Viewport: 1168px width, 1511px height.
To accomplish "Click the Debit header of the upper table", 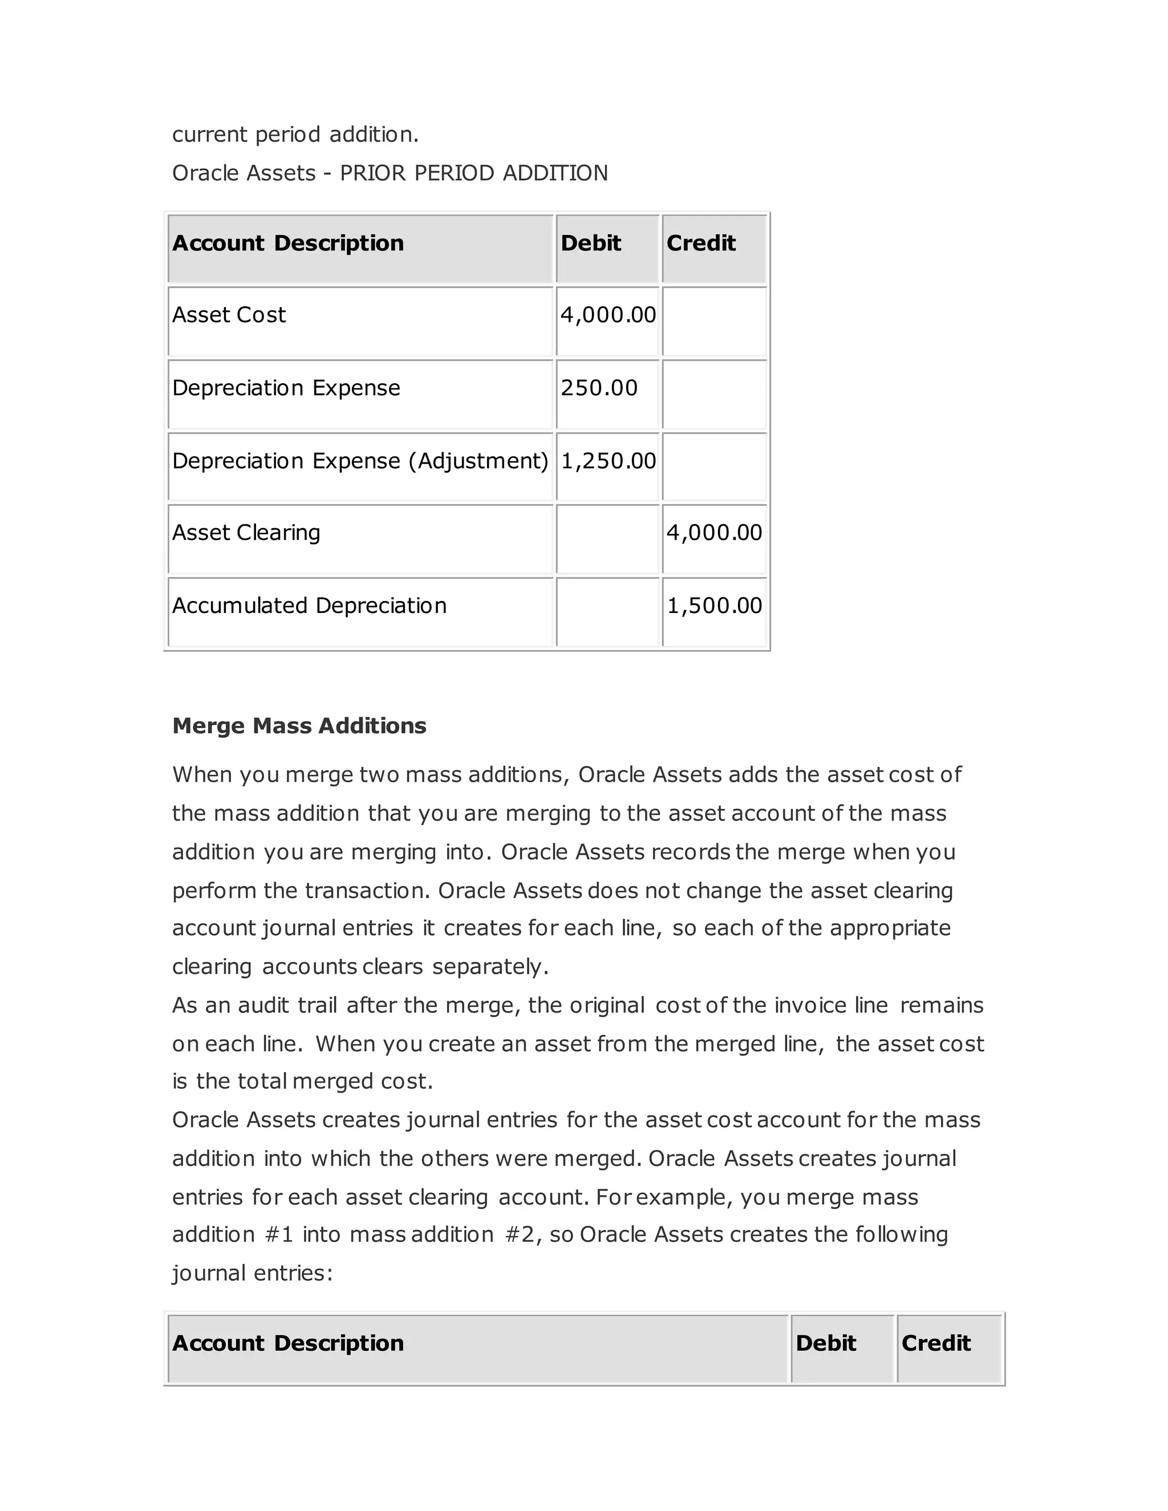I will (590, 243).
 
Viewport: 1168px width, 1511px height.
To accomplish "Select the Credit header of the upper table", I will (700, 243).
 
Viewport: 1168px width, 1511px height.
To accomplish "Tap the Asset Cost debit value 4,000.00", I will (607, 315).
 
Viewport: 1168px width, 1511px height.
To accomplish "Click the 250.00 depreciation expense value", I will (598, 387).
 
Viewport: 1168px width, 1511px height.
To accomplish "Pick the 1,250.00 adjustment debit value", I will (607, 461).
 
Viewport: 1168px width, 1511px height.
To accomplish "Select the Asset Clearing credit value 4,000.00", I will (713, 532).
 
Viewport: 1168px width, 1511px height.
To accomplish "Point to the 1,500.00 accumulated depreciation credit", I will (713, 606).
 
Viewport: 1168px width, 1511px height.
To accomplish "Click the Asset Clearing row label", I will (246, 532).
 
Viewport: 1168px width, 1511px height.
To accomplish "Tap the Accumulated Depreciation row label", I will (309, 606).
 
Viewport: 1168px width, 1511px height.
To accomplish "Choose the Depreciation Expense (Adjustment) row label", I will (360, 461).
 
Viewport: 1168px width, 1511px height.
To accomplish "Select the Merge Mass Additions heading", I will (299, 726).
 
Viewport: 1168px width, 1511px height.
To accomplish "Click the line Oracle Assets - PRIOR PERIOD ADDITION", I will (390, 173).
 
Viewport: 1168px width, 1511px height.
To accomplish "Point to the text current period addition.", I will (295, 134).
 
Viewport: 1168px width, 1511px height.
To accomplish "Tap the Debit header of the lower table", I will (825, 1343).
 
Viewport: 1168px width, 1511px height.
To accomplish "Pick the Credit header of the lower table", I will (935, 1343).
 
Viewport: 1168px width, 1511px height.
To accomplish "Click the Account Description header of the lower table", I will (288, 1343).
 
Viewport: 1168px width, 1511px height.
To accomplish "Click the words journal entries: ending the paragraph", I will (253, 1273).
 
